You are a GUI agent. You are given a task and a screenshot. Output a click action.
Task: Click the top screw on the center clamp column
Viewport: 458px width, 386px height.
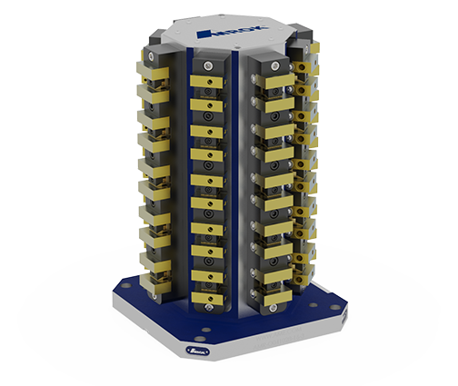click(x=208, y=67)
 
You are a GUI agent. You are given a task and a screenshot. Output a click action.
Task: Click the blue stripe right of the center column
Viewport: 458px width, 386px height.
click(x=238, y=182)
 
